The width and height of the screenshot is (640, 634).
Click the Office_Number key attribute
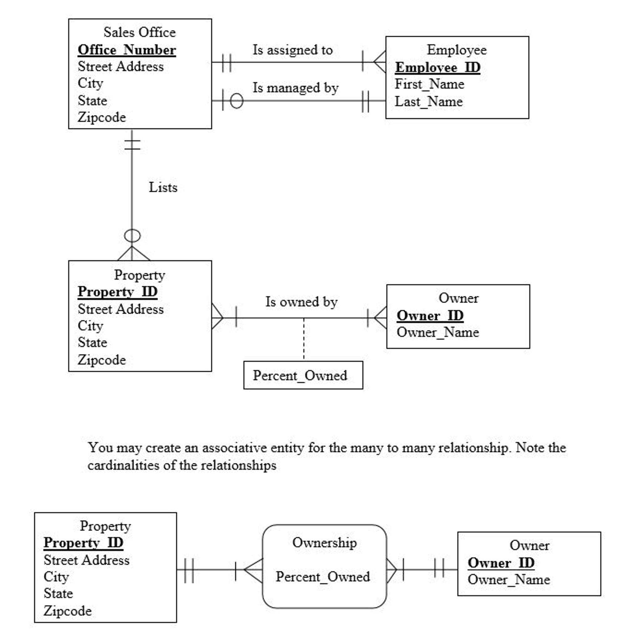click(127, 50)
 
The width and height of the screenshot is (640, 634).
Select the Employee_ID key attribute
click(438, 68)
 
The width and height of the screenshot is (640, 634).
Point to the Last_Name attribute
click(429, 101)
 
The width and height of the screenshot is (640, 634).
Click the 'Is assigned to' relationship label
click(292, 50)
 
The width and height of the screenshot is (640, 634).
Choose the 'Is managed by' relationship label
click(296, 88)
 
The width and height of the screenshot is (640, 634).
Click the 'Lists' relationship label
click(163, 187)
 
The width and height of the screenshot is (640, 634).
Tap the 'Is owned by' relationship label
click(302, 302)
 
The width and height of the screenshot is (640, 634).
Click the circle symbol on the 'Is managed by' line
click(236, 101)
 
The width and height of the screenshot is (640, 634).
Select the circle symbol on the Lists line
click(132, 236)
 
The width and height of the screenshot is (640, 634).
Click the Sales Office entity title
click(140, 32)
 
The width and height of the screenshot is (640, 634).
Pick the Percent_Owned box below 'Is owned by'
click(303, 375)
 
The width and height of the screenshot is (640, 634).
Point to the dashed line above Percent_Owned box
click(304, 340)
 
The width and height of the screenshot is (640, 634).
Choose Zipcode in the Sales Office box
click(102, 117)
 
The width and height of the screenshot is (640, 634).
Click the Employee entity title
click(456, 50)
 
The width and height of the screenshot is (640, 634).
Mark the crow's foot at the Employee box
click(379, 62)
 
